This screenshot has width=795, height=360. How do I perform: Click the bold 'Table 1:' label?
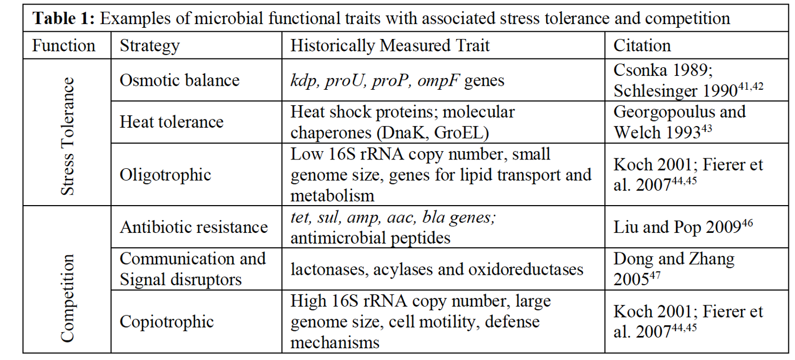point(64,18)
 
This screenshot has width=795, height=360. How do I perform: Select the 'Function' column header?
point(64,46)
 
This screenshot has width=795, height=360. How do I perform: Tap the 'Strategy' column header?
point(150,46)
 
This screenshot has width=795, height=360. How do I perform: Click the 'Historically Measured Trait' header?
point(390,46)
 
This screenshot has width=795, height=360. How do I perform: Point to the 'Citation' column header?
point(642,46)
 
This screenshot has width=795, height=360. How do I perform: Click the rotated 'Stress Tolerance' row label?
point(67,136)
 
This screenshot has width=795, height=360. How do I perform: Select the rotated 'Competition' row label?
point(67,298)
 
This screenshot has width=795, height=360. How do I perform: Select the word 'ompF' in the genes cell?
point(439,81)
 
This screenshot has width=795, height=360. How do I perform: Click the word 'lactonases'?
point(328,269)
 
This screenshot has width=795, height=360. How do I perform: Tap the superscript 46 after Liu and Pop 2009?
point(747,224)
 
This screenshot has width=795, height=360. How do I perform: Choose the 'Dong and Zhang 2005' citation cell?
point(674,269)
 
